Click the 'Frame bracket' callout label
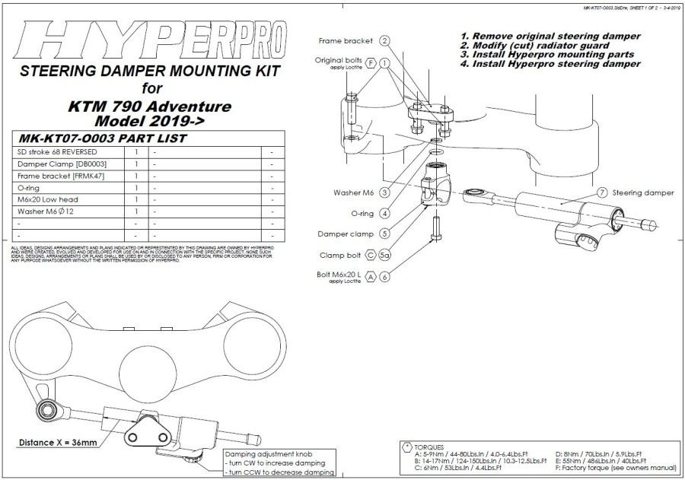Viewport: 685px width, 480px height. [345, 40]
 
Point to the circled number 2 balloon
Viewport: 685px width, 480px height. [385, 40]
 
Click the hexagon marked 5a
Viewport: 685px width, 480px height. [384, 254]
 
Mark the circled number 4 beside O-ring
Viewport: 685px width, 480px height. [385, 213]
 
